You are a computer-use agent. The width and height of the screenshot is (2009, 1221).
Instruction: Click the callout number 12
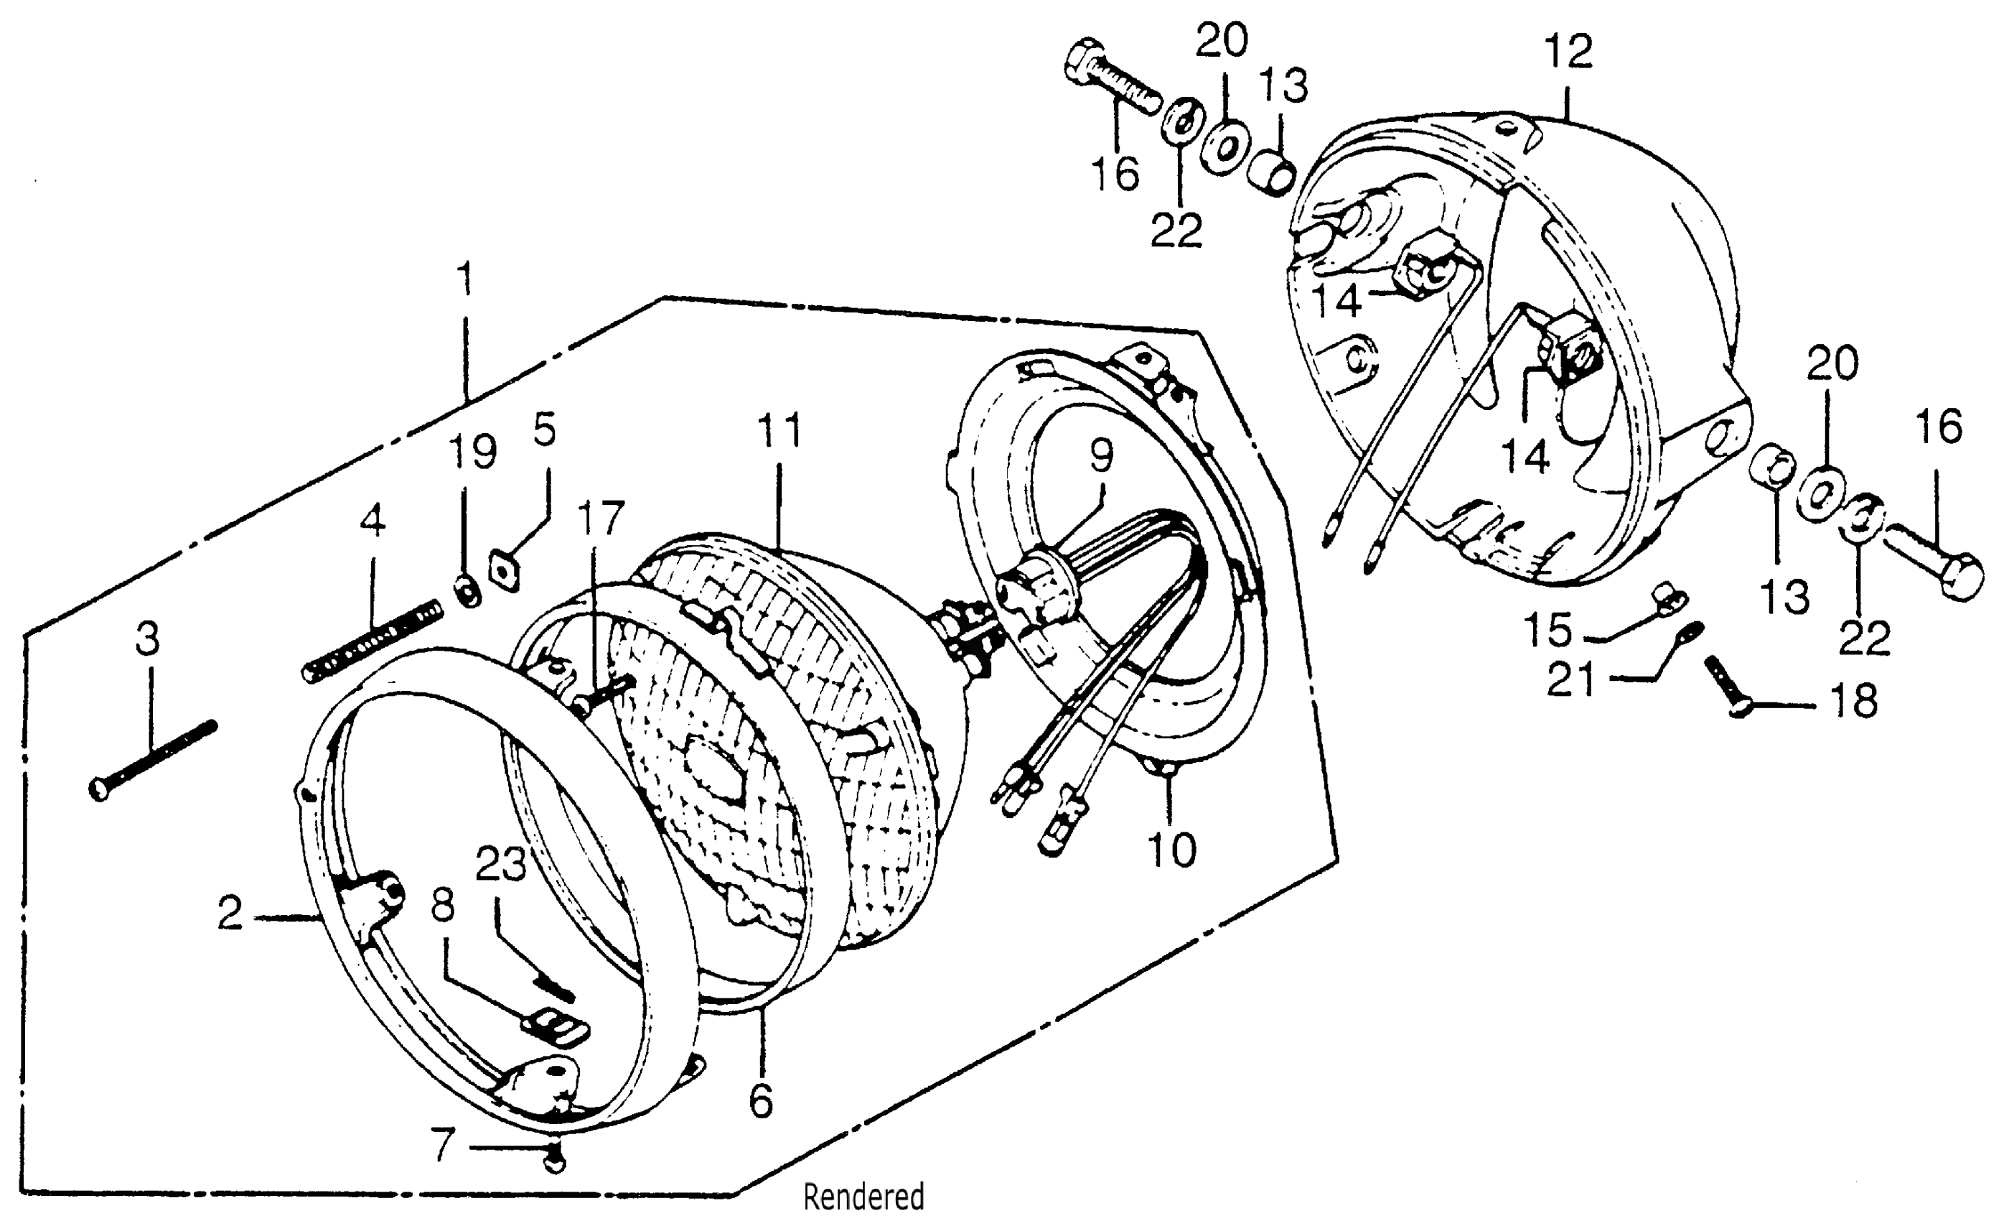point(1568,52)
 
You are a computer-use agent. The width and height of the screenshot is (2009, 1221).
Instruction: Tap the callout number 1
point(466,279)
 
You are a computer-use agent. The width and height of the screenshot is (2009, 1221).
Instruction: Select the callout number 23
point(500,864)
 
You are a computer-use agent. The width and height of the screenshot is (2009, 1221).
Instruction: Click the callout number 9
point(1101,455)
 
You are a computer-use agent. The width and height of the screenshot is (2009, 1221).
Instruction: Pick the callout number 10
point(1171,850)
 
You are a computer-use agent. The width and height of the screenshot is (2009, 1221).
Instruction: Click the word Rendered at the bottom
point(863,1197)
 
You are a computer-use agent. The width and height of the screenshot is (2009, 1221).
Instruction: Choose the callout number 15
point(1547,629)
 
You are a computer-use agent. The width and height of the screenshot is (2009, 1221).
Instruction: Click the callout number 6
point(760,1102)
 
